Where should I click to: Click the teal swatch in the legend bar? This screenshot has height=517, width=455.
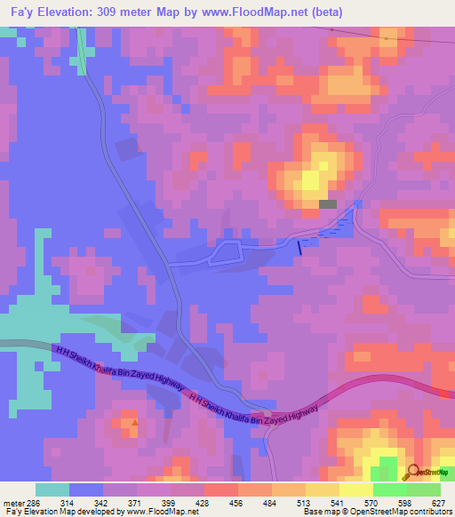(x=52, y=489)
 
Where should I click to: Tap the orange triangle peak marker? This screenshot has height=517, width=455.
(x=134, y=424)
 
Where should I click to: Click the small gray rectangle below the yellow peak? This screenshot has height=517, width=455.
(x=328, y=204)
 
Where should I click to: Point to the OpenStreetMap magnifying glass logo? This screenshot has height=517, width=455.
(x=412, y=472)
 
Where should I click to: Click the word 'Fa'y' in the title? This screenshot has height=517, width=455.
(x=20, y=12)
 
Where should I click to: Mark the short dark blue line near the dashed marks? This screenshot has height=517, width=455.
(x=299, y=250)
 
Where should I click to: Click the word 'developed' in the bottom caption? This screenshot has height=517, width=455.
(x=99, y=513)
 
